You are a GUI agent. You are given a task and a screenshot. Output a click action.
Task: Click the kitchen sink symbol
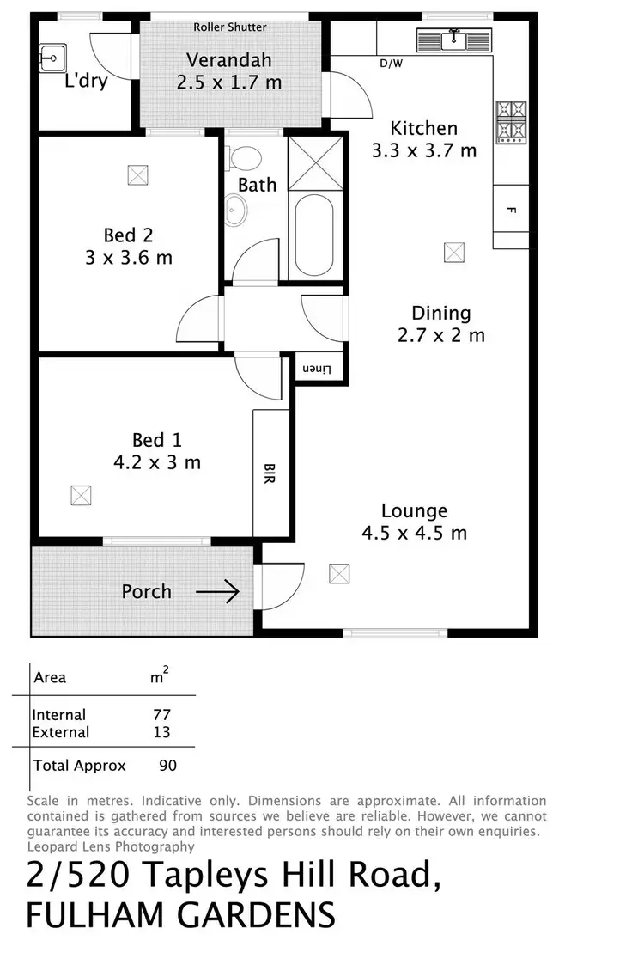tap(453, 40)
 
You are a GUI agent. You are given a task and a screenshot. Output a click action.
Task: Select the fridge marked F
tap(510, 210)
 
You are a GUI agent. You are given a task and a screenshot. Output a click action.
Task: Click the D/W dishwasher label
tap(392, 63)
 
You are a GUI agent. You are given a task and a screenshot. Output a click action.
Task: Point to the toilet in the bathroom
tap(246, 158)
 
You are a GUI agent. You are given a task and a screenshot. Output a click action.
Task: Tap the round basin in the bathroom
tap(234, 210)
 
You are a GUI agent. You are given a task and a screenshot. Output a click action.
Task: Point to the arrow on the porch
tap(217, 592)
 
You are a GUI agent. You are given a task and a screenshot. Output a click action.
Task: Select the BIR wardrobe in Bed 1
tap(270, 473)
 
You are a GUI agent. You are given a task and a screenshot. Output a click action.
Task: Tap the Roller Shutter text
tap(229, 27)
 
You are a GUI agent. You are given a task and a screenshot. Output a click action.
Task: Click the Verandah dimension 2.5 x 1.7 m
tap(229, 83)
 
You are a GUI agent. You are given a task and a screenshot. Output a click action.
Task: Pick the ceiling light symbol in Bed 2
tap(137, 174)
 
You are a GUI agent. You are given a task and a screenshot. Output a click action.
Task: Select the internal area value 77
tap(161, 715)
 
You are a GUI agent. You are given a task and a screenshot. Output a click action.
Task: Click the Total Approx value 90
tap(167, 765)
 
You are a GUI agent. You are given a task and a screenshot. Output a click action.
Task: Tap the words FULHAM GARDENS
tap(180, 915)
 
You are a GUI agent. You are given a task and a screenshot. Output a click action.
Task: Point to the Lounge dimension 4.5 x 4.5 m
tap(415, 533)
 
